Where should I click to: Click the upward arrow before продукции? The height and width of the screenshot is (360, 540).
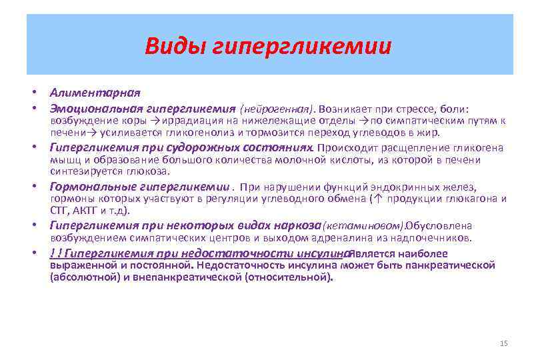tap(378, 199)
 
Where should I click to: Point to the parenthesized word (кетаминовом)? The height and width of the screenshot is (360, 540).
tap(363, 225)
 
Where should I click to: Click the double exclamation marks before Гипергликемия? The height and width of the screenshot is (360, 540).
tap(56, 253)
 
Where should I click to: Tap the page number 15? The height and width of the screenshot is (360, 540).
tap(503, 343)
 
